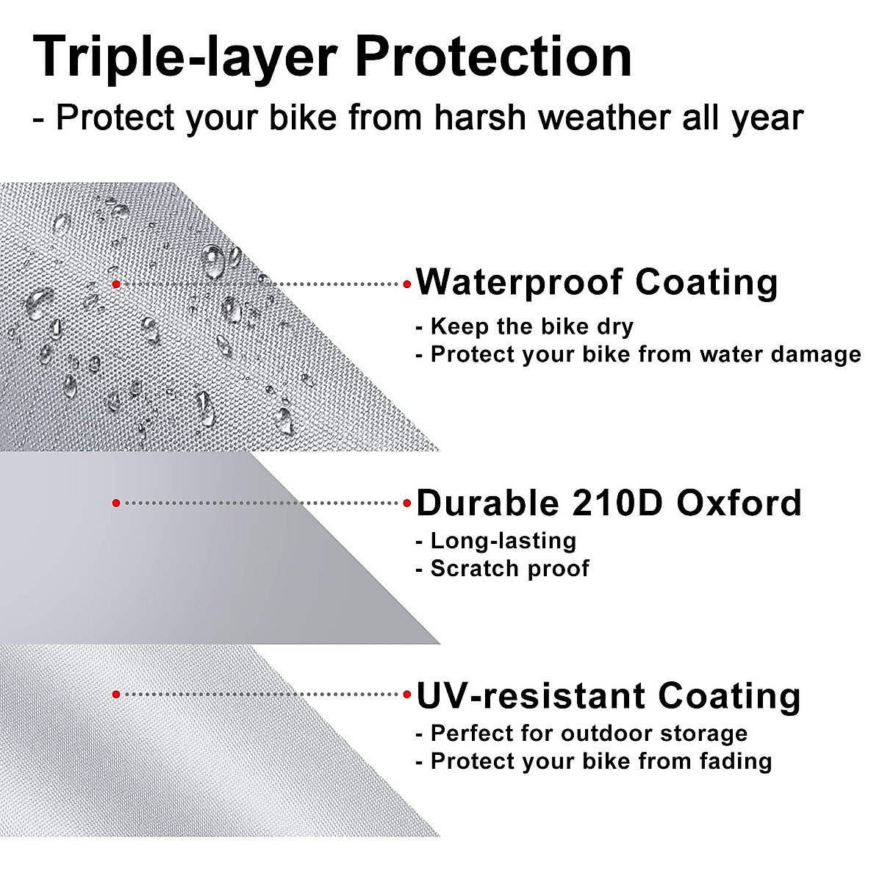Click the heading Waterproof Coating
pos(597,283)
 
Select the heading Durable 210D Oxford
pos(609,503)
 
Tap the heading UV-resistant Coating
pos(609,695)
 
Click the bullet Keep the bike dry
pos(525,326)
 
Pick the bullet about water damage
pos(638,354)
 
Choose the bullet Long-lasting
pos(496,541)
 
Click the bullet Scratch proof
pos(503,568)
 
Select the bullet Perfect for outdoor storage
pos(581,734)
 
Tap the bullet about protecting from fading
pos(594,761)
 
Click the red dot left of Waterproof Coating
pos(406,284)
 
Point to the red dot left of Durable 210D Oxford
pos(406,503)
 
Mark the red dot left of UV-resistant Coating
pos(406,695)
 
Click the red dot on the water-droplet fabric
pos(115,284)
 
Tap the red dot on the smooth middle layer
pos(115,503)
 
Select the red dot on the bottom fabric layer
pos(115,694)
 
